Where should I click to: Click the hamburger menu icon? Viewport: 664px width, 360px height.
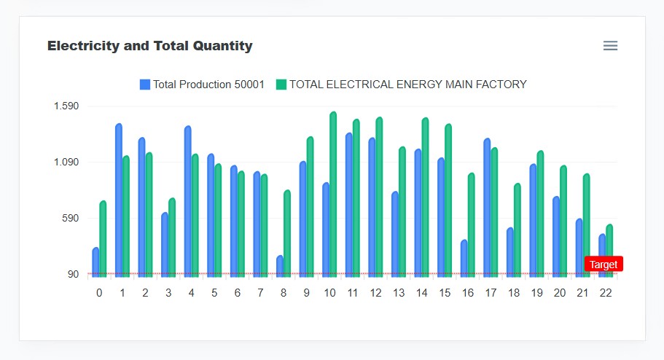tap(610, 46)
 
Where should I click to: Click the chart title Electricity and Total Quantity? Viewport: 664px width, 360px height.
tap(149, 46)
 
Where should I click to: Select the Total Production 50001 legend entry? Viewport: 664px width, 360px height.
tap(202, 85)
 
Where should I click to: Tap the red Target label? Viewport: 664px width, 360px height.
tap(604, 265)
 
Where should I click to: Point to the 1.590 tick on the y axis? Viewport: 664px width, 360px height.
tap(66, 106)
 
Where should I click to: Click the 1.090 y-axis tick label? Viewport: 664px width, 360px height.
tap(66, 163)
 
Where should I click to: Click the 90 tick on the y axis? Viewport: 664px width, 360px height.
tap(74, 275)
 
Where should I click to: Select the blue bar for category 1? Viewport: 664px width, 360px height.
tap(119, 200)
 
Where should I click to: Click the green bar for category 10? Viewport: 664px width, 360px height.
tap(333, 195)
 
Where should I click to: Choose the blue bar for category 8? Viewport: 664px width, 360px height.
tap(280, 266)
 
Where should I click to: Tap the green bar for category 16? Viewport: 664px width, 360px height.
tap(472, 225)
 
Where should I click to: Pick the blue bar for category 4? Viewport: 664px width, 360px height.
tap(188, 202)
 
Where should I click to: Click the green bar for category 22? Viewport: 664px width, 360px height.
tap(609, 251)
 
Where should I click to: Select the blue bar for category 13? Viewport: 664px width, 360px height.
tap(395, 234)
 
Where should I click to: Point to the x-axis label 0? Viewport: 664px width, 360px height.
tap(99, 293)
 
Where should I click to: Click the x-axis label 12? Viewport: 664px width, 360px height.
tap(375, 293)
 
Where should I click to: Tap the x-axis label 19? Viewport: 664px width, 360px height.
tap(536, 293)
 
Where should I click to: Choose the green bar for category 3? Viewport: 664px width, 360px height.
tap(172, 238)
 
